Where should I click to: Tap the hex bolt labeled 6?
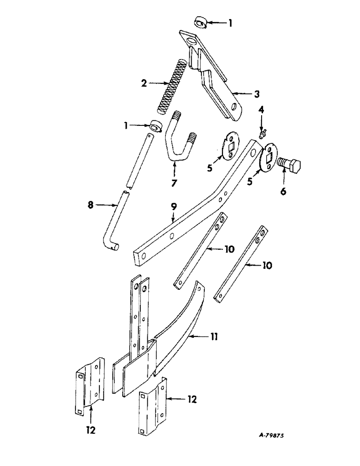tap(290, 165)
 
